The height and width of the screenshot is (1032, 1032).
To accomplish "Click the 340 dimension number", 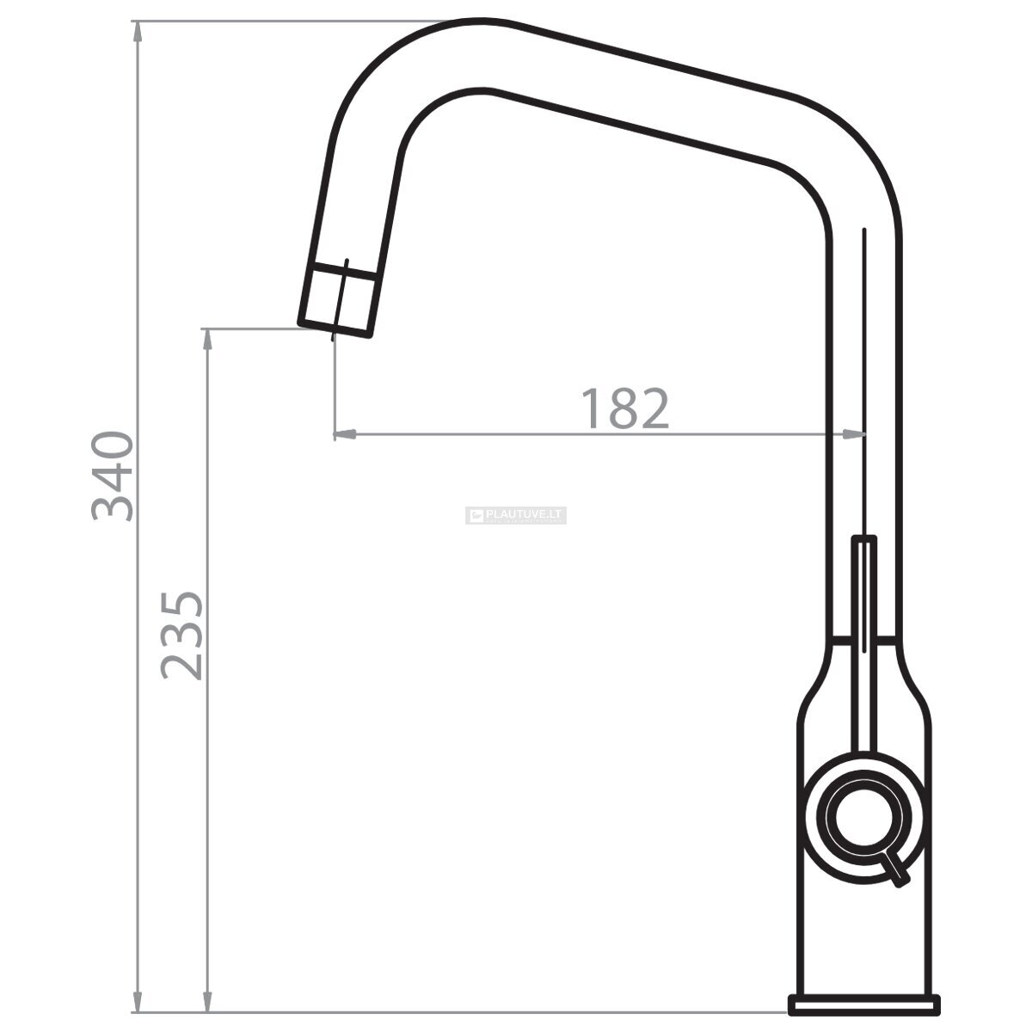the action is (x=113, y=476).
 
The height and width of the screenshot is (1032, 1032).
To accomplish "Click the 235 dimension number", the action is (x=182, y=636).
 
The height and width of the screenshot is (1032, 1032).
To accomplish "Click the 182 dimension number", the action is (x=625, y=408).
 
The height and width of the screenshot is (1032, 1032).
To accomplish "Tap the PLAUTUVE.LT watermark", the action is (x=516, y=515).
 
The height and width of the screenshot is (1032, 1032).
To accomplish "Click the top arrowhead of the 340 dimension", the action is (x=138, y=32).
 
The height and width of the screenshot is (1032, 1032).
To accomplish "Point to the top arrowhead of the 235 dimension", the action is (x=208, y=340).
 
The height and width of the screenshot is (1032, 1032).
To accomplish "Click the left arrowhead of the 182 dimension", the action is (x=346, y=433).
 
